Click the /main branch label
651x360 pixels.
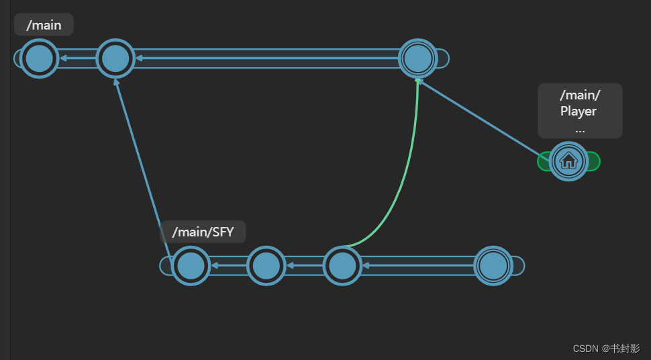(x=44, y=26)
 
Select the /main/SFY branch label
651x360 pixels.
(x=203, y=232)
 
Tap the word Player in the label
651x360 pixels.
(x=579, y=111)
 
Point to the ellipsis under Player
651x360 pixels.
(x=579, y=128)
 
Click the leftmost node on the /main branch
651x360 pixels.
(x=39, y=58)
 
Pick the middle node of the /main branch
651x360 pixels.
(x=115, y=58)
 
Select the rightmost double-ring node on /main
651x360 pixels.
(x=418, y=58)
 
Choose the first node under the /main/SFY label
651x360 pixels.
(x=191, y=266)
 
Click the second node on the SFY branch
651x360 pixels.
(x=266, y=266)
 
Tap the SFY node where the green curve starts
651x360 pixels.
(x=342, y=266)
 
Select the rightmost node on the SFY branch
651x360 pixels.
(x=493, y=266)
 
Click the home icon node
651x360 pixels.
(x=568, y=161)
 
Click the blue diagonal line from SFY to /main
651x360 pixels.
(x=144, y=161)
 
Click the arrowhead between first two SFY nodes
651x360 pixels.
(x=214, y=266)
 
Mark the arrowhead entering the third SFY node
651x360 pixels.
(x=366, y=266)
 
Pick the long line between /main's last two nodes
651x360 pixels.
(x=268, y=58)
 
